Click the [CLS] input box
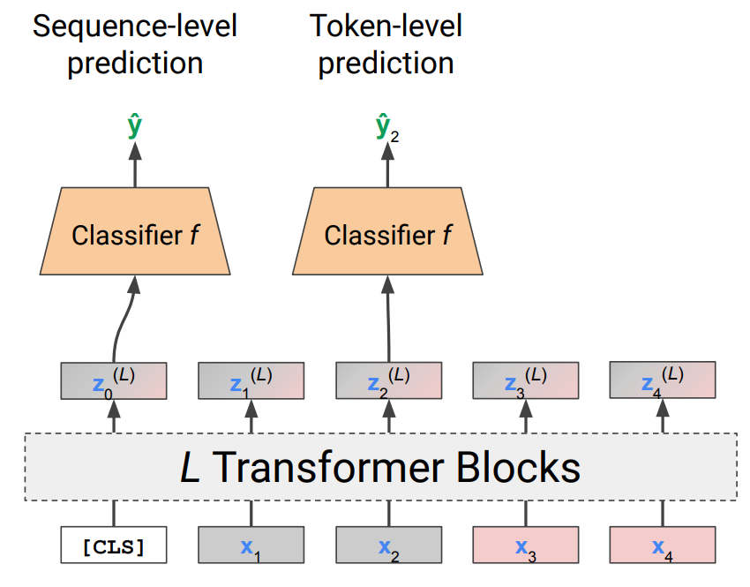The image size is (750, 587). [x=114, y=546]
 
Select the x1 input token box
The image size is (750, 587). [x=251, y=546]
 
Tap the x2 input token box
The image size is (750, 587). [x=388, y=546]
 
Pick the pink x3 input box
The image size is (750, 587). [x=526, y=546]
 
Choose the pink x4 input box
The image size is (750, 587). [x=663, y=546]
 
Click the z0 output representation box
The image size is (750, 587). [x=114, y=380]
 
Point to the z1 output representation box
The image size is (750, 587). [x=251, y=380]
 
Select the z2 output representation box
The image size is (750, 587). [x=388, y=380]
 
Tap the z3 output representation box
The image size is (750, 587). [x=526, y=380]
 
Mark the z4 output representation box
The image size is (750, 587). [x=663, y=380]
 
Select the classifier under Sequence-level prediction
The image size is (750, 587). [x=135, y=234]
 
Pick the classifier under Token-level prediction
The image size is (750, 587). [x=387, y=234]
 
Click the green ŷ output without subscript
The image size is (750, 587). [x=134, y=127]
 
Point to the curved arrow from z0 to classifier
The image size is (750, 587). [x=124, y=318]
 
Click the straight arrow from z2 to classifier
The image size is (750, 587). [x=387, y=318]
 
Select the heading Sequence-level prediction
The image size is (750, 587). [x=135, y=44]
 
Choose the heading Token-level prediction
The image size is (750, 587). [x=386, y=44]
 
